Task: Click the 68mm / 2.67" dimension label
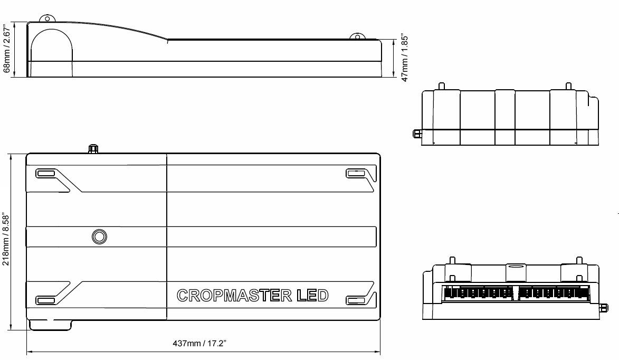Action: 6,48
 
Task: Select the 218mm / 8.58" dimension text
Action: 5,240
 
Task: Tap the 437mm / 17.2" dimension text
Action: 199,344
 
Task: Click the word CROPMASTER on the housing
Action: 234,296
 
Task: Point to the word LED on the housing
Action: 312,296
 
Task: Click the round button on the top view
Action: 99,236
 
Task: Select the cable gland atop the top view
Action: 93,149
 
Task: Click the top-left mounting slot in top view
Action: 45,173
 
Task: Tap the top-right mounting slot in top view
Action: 356,173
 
